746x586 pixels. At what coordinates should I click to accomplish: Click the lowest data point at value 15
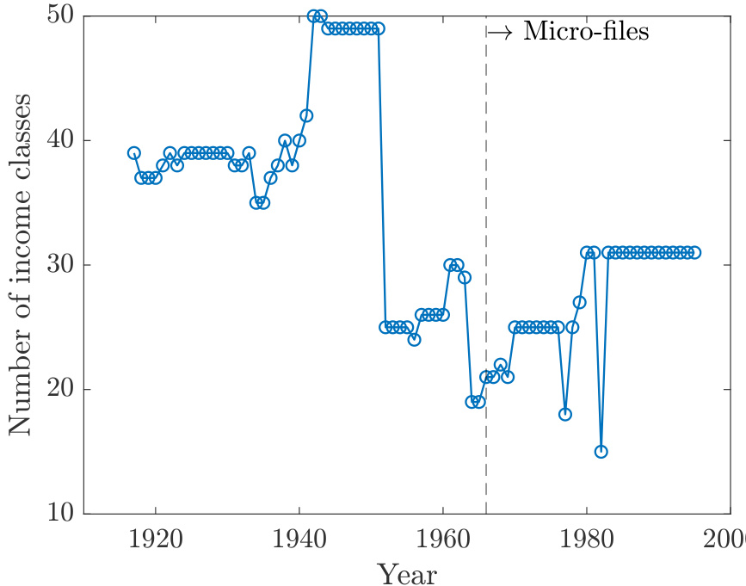(601, 452)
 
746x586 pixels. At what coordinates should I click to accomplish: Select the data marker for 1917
(134, 153)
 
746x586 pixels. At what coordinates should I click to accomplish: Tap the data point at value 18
(565, 414)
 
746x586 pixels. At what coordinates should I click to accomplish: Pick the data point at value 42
(306, 115)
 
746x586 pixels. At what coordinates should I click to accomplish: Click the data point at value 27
(579, 302)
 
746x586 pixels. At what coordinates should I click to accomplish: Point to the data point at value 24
(414, 339)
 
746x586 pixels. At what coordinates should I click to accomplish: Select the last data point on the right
(694, 252)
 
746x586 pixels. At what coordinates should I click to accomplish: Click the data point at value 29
(465, 277)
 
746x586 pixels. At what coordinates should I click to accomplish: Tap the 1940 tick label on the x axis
(299, 540)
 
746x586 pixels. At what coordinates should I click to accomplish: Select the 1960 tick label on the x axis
(443, 540)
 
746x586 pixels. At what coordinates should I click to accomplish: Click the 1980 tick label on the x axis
(587, 540)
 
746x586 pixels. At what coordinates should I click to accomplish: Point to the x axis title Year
(407, 571)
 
